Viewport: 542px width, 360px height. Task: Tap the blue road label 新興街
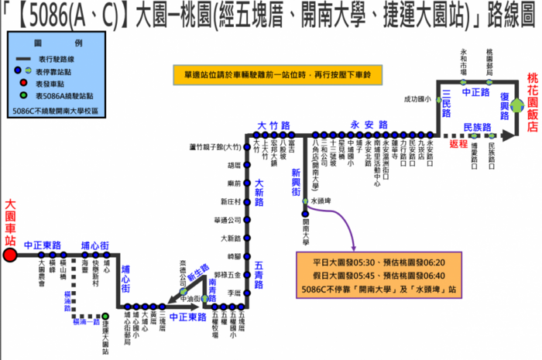(x=294, y=182)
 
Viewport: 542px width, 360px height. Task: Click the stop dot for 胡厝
(x=249, y=165)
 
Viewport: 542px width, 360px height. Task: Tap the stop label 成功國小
(x=415, y=99)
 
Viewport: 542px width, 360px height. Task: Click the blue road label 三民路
(x=447, y=102)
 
